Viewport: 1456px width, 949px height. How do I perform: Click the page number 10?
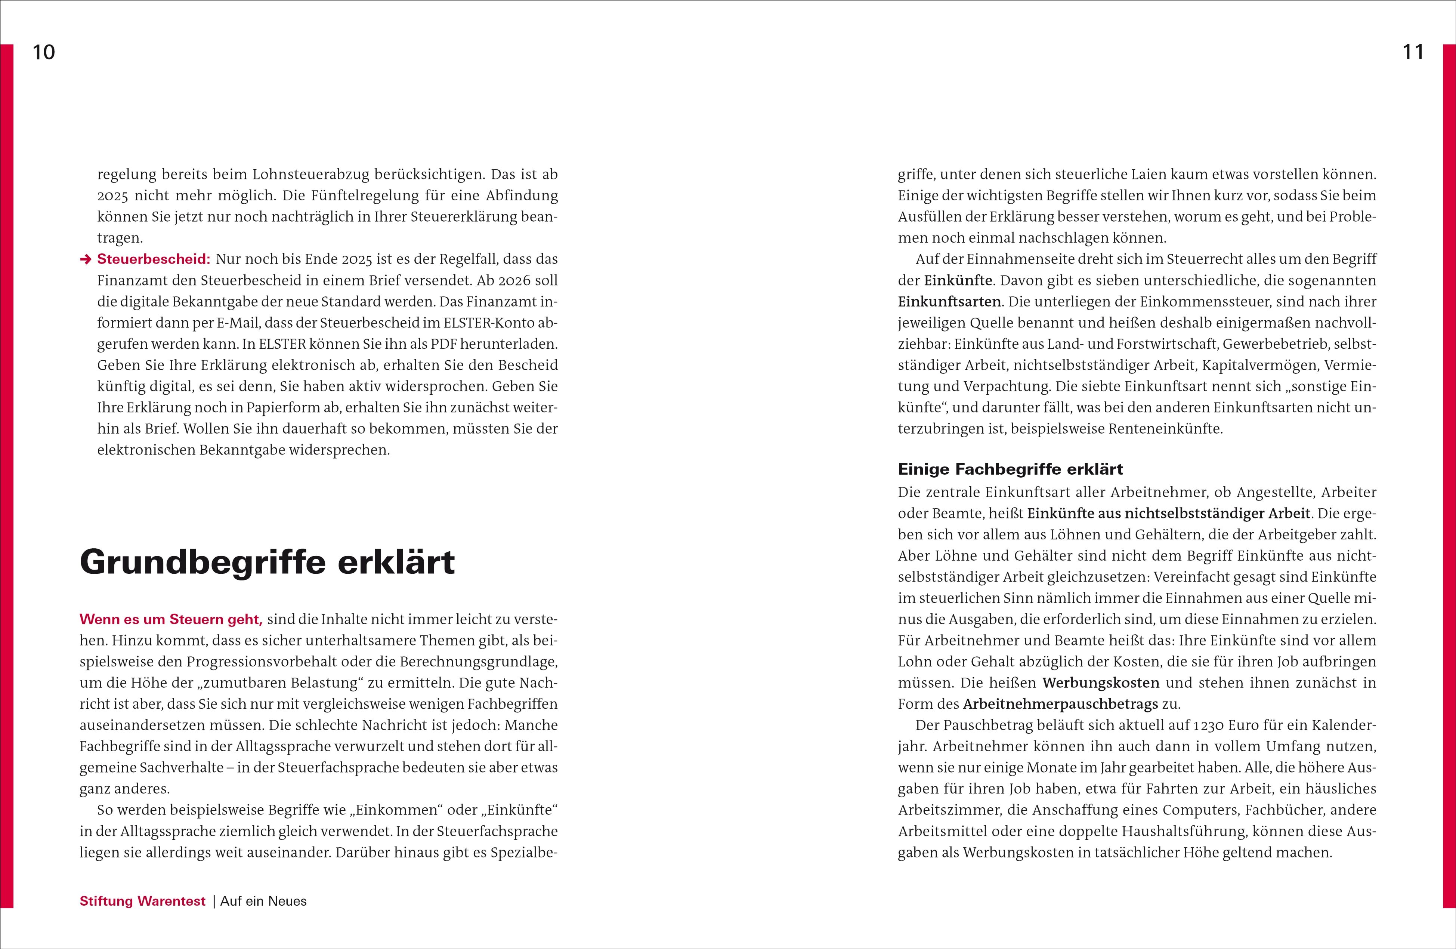point(43,53)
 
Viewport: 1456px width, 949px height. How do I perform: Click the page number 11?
point(1413,53)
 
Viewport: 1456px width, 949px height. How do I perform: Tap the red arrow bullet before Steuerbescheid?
point(86,259)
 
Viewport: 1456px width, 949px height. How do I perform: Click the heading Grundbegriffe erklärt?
point(268,562)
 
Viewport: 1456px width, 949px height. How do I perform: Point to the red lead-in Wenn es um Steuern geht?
point(171,619)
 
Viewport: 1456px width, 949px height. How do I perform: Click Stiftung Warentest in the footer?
point(143,901)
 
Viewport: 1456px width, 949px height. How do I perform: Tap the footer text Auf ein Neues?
point(264,901)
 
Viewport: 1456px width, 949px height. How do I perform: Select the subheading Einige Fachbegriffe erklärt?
point(1010,469)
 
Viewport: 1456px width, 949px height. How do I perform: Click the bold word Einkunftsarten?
point(949,302)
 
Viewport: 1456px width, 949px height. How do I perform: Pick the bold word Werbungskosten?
point(1101,683)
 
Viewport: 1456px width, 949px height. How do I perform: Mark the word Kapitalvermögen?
point(1260,365)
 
